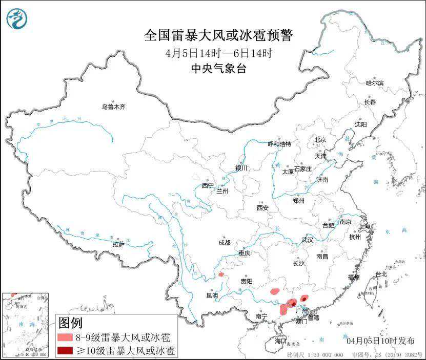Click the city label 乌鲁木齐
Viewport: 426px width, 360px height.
click(x=113, y=107)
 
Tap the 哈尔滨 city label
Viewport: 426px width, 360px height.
click(x=375, y=83)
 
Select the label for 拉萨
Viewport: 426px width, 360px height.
click(x=118, y=244)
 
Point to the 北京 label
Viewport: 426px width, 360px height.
click(x=320, y=139)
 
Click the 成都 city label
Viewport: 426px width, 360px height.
click(x=224, y=242)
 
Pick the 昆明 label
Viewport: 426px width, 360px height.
click(x=212, y=295)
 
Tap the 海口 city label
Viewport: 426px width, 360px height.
click(x=280, y=341)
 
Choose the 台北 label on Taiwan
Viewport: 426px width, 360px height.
click(x=382, y=274)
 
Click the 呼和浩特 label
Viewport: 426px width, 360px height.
click(x=279, y=144)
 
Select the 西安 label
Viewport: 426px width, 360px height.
click(x=262, y=208)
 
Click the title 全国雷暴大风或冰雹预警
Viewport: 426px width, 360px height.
click(x=218, y=36)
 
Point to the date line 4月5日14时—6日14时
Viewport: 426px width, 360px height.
click(x=218, y=53)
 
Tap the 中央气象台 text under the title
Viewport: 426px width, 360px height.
click(x=218, y=69)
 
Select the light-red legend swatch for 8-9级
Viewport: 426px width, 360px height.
click(x=65, y=337)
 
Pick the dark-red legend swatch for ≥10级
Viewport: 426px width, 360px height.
click(x=65, y=351)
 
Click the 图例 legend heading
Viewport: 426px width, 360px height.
click(x=70, y=323)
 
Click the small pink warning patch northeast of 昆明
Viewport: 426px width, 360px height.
click(x=221, y=274)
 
